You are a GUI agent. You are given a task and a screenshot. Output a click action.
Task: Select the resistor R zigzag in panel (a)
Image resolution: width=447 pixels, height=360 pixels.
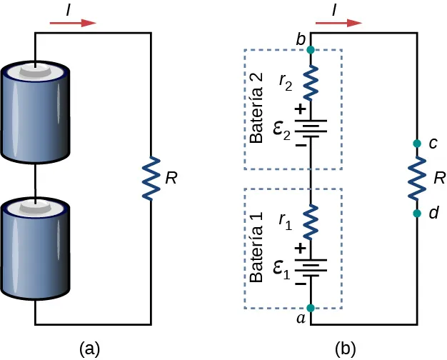[151, 178]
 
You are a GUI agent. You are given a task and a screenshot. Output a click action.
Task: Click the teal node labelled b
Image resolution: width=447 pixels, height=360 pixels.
[311, 50]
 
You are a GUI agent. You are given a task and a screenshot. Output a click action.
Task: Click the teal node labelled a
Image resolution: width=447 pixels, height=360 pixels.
[311, 309]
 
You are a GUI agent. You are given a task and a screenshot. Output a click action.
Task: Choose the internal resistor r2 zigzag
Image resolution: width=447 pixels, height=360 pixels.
[311, 83]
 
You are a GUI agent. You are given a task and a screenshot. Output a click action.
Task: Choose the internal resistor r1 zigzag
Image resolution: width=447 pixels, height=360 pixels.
[311, 221]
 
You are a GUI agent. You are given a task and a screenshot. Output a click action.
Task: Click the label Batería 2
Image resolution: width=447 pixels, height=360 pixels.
[258, 108]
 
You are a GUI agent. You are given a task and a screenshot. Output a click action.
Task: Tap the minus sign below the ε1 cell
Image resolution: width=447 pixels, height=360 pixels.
[300, 284]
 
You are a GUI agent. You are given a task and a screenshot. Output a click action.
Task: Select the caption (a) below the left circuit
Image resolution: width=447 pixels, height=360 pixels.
[89, 348]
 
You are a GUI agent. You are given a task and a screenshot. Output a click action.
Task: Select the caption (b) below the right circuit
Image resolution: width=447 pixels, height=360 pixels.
[346, 348]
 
